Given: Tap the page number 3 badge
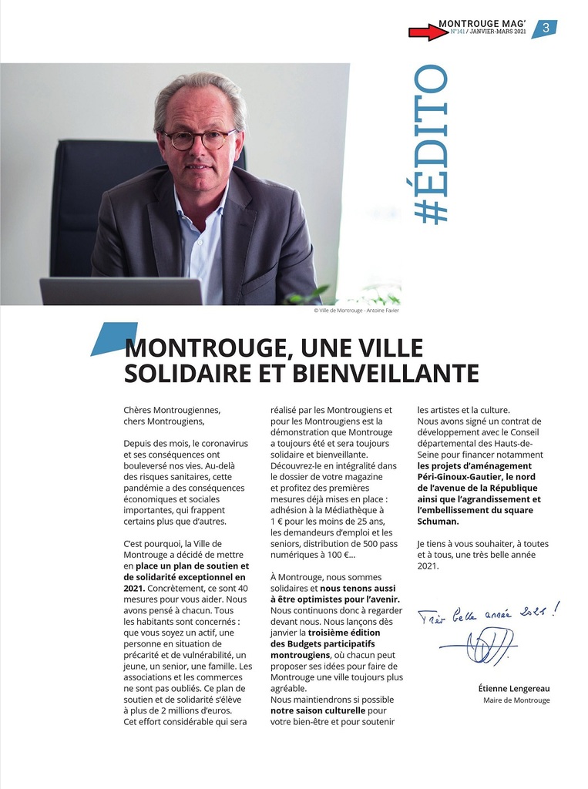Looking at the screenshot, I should tap(545, 29).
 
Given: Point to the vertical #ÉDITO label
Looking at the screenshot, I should tap(430, 145).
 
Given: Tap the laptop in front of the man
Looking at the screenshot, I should tap(121, 291).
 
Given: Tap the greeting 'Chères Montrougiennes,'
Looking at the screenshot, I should tap(172, 410).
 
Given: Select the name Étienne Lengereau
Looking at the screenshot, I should tap(513, 688).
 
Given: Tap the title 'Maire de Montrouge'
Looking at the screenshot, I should tap(516, 700).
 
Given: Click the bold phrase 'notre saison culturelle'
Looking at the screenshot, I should tap(318, 710).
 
